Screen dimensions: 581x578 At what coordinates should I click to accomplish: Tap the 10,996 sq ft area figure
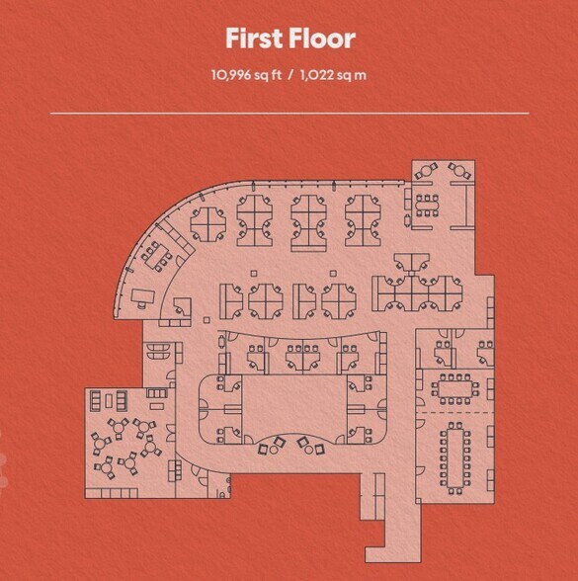point(246,73)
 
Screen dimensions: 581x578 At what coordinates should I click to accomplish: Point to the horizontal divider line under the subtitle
point(289,114)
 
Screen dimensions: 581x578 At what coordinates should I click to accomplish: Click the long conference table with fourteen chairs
point(455,456)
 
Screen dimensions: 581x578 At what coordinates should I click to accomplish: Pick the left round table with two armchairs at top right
point(426,174)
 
